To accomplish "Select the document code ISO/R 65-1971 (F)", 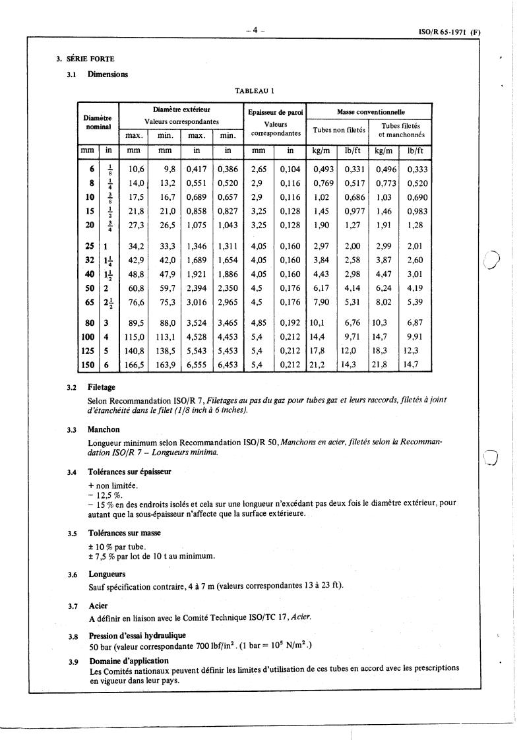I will tap(450, 31).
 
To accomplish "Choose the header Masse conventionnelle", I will tap(370, 113).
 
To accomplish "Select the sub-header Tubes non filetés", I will tap(339, 130).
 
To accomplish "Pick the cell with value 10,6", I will tap(136, 169).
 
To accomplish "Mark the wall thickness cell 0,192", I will tap(290, 324).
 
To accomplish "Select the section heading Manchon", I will tap(104, 429).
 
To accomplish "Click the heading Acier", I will tap(98, 605).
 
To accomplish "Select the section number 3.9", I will tap(73, 661).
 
